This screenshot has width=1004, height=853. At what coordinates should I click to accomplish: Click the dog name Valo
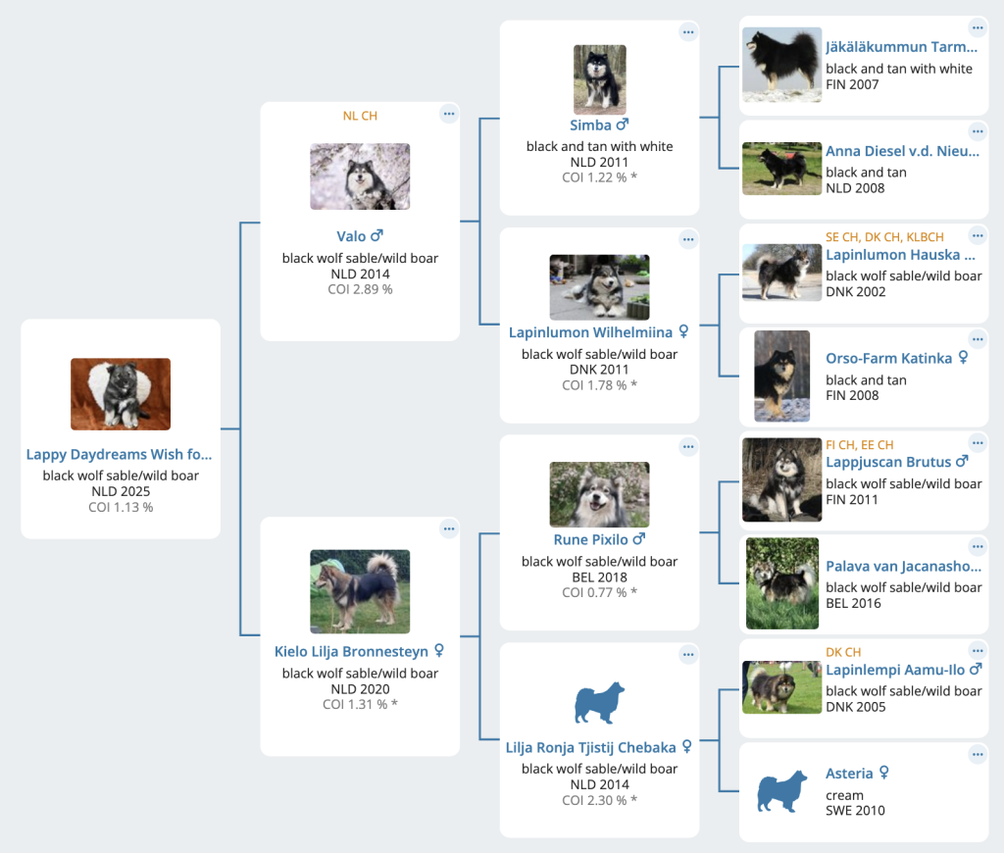351,236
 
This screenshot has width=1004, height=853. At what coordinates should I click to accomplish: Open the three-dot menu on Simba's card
688,32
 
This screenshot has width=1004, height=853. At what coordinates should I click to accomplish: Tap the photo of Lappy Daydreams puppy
121,394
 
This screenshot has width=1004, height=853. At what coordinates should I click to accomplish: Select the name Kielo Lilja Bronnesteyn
351,651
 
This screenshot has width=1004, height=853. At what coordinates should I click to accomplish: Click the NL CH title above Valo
360,116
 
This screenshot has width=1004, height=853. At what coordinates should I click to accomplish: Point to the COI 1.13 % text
121,507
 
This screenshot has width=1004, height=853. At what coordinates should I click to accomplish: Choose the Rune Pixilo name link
590,540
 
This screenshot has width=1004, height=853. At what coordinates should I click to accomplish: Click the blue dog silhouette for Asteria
781,791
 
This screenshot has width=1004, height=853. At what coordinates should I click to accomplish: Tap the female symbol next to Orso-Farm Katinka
963,357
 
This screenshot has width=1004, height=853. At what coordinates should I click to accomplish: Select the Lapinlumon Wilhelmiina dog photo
599,287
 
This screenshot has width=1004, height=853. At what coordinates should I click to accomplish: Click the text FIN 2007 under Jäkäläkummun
852,84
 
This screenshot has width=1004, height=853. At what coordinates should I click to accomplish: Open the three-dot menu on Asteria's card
978,754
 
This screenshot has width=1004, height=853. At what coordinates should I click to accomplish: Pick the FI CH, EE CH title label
859,445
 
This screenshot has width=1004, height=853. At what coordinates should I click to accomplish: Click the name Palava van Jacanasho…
903,566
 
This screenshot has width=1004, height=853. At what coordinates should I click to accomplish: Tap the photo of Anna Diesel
781,169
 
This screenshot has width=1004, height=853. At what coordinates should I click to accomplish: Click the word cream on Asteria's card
844,795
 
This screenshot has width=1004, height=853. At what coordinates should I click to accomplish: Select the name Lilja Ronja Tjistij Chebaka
590,748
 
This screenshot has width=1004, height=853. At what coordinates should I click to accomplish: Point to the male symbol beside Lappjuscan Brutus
962,461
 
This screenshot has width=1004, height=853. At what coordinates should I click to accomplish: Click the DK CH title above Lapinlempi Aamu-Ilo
842,653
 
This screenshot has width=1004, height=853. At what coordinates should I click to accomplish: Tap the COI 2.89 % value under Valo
360,289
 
